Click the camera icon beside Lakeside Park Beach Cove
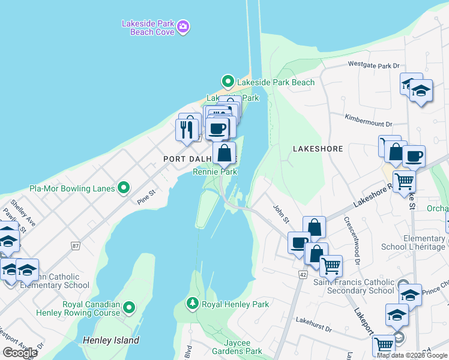pyautogui.click(x=183, y=26)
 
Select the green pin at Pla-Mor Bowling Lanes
pyautogui.click(x=124, y=188)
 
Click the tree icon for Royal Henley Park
pyautogui.click(x=193, y=304)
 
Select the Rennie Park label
pyautogui.click(x=215, y=172)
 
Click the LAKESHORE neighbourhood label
pyautogui.click(x=318, y=148)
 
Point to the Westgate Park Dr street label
pyautogui.click(x=373, y=65)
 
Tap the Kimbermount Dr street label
pyautogui.click(x=368, y=120)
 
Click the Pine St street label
pyautogui.click(x=146, y=197)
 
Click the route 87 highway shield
pyautogui.click(x=75, y=245)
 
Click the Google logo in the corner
pyautogui.click(x=19, y=353)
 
